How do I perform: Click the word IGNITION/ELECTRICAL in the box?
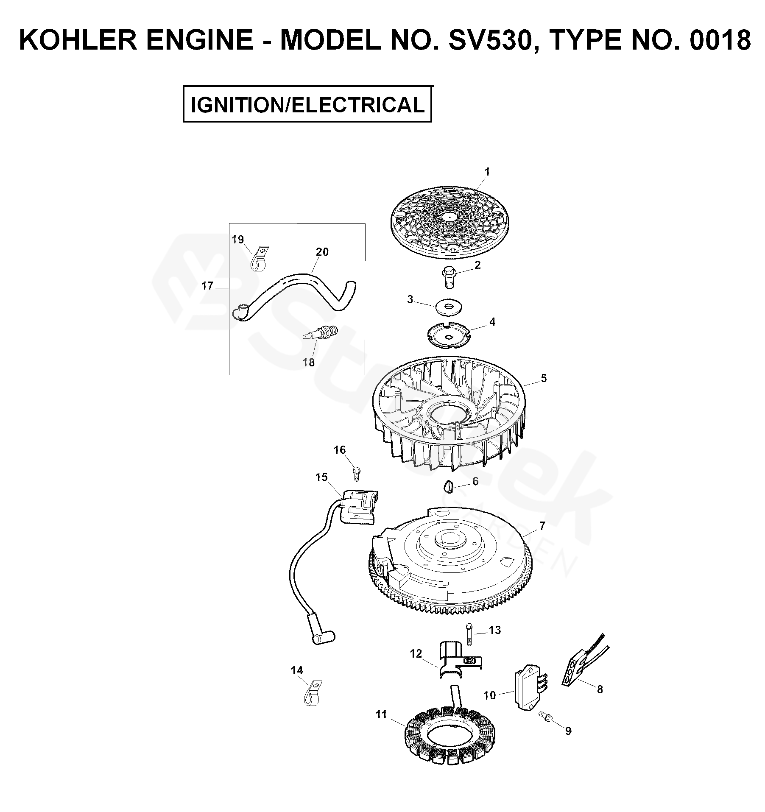point(307,105)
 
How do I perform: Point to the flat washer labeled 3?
point(448,307)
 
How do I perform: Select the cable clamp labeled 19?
point(258,259)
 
